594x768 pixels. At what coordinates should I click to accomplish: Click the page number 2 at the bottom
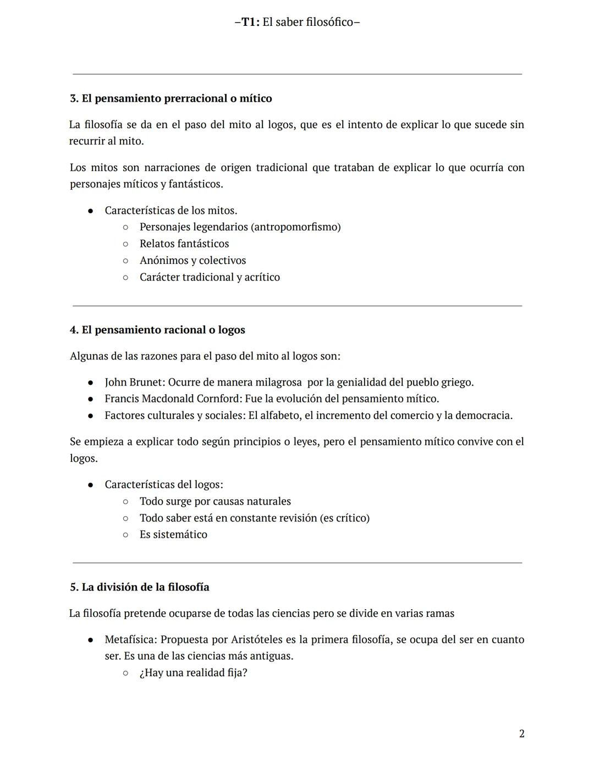(x=521, y=734)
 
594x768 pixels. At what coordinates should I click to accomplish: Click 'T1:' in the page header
(x=251, y=23)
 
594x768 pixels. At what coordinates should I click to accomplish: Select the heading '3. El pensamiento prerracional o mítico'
(x=170, y=98)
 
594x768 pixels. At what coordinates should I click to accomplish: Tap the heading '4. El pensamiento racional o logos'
(x=157, y=330)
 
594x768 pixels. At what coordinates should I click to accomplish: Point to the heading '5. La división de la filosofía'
(x=139, y=587)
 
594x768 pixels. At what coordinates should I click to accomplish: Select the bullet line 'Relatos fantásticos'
(x=184, y=244)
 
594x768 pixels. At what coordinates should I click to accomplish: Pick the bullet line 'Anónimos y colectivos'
(x=193, y=261)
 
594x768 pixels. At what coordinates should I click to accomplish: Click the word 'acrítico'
(x=262, y=277)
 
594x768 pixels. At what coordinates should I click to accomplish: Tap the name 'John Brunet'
(x=134, y=382)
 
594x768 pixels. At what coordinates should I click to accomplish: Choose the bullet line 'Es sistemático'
(x=173, y=534)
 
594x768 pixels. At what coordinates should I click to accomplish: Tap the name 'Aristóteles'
(x=257, y=640)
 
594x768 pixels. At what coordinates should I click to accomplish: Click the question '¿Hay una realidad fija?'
(x=193, y=673)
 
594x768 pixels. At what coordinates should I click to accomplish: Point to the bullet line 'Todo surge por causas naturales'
(x=215, y=501)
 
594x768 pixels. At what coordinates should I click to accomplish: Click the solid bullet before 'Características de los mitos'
(x=90, y=211)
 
